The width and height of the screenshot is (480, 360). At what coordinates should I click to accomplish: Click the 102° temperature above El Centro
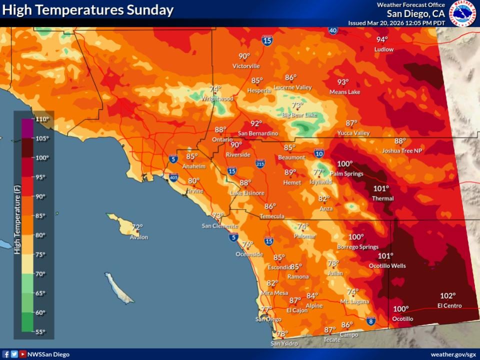tap(447, 295)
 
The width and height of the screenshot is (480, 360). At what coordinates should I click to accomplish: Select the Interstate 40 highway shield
tap(333, 31)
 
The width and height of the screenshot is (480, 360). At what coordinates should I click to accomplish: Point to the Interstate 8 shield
tap(370, 320)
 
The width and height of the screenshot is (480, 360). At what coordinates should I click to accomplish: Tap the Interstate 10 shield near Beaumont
tap(319, 153)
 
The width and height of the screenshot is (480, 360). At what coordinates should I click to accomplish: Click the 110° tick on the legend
tap(42, 119)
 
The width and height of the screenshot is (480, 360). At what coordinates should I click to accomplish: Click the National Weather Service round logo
tap(462, 13)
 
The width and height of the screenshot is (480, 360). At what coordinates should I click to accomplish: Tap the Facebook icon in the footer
tap(6, 354)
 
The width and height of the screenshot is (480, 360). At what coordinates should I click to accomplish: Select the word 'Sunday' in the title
tap(149, 9)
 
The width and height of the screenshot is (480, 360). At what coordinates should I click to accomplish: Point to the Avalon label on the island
tap(139, 237)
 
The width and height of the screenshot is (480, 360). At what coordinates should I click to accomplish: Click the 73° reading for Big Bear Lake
tap(297, 105)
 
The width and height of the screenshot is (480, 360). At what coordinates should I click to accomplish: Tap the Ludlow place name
tap(384, 49)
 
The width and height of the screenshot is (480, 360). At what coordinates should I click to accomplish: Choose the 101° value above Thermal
tap(381, 188)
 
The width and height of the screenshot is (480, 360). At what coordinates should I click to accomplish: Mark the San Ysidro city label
tap(284, 343)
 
